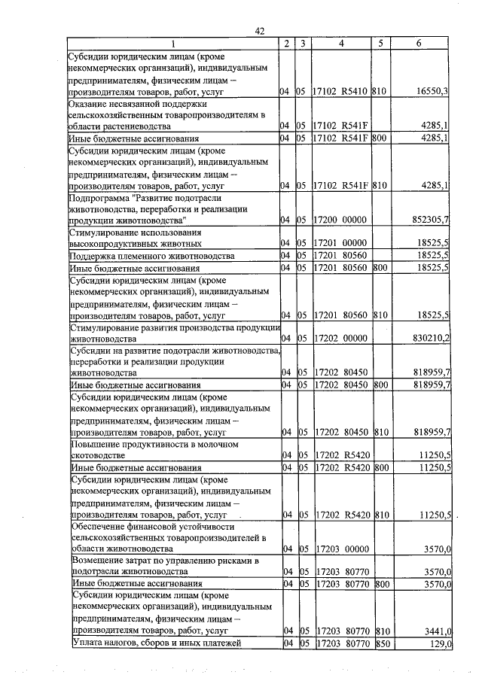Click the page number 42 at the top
coord(260,31)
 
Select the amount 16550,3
coord(432,91)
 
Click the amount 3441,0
coord(435,630)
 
